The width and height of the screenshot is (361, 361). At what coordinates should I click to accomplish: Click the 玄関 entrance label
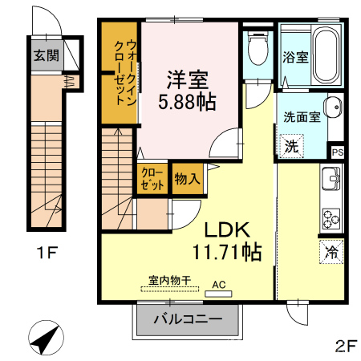coord(47,55)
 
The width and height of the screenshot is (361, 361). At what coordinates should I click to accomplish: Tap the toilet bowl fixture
coord(258,48)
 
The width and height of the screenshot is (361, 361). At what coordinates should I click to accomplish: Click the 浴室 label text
coord(295,57)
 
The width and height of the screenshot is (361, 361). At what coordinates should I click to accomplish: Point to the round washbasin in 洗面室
coord(333,107)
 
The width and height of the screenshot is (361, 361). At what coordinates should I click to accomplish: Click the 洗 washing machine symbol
coord(291,146)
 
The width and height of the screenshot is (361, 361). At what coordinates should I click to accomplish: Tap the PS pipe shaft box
coord(338,152)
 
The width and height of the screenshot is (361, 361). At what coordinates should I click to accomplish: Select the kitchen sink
coord(331,179)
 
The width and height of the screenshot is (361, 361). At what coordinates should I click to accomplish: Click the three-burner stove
coord(331,219)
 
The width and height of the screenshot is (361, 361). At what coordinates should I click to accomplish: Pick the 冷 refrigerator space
coord(331,252)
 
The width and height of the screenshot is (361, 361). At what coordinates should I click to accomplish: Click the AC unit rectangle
coord(218,294)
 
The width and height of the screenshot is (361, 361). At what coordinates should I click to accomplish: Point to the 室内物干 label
coord(170,281)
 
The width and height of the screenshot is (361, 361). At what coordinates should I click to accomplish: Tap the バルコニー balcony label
coord(188,319)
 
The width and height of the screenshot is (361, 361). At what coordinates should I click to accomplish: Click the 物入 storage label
coord(187,178)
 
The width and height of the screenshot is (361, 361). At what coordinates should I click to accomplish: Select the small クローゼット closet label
coord(152,179)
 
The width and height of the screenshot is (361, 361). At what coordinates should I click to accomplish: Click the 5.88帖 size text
coord(187,103)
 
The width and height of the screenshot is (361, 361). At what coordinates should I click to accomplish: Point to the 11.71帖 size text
coord(227,252)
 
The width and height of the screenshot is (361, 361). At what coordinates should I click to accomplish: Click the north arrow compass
coord(46,338)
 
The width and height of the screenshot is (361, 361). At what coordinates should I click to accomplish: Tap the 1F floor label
coord(47,253)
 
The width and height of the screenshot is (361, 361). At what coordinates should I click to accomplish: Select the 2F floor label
coord(346,347)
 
